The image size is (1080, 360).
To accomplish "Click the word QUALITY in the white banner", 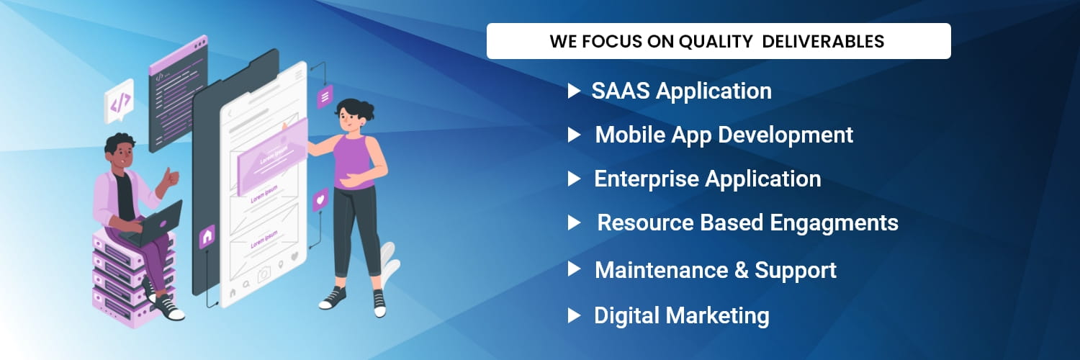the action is tap(716, 42).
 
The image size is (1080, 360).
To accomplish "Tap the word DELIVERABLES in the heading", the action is tap(823, 41).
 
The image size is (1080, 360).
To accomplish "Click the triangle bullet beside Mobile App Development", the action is tap(574, 135).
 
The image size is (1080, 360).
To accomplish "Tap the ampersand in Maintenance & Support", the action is tap(742, 271).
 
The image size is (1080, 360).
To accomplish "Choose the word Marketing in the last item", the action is tap(719, 316).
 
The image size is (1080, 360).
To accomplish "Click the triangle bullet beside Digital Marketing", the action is tap(574, 315).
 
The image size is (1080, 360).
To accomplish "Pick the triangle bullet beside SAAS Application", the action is tap(574, 91).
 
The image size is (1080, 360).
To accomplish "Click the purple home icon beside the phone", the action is tap(207, 237).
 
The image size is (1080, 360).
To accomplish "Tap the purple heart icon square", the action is tap(320, 199).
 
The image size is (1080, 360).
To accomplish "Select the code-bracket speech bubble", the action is tap(119, 102).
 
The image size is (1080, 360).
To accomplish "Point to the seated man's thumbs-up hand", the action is tap(170, 178).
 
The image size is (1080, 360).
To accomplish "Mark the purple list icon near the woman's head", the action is tap(325, 97).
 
